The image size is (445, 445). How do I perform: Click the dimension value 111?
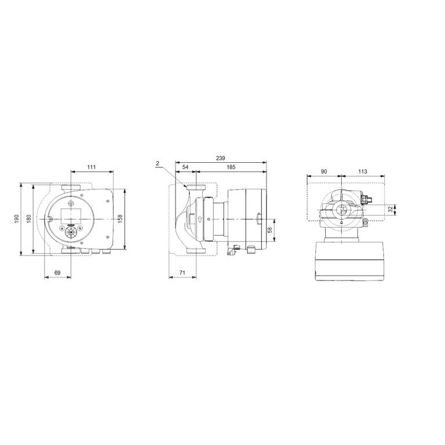coord(92,167)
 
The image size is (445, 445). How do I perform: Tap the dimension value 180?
coord(28,218)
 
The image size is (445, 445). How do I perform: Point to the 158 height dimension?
coord(121,218)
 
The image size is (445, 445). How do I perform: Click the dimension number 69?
coord(57,272)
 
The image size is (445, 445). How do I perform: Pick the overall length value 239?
coord(220,157)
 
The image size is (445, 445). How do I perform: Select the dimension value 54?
coord(185,167)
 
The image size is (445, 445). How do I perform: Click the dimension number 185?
coord(231,167)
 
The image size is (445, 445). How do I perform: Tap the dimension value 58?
coord(270,229)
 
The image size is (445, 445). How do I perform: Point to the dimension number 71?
coord(183,272)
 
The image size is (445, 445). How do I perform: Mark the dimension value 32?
coord(390,210)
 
